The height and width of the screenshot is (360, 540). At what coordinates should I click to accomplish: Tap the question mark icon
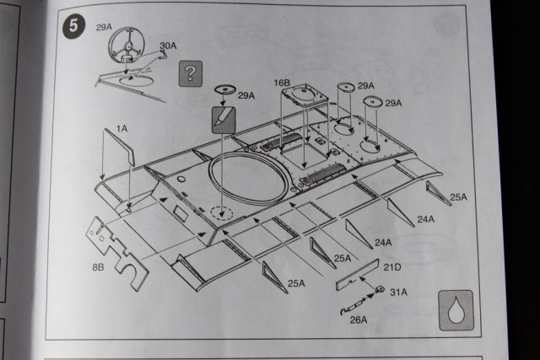click(x=192, y=73)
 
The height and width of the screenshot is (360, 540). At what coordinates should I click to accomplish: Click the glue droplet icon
click(x=456, y=309)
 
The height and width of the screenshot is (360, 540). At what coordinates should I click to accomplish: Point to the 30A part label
click(x=168, y=45)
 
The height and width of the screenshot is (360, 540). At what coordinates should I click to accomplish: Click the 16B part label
click(x=281, y=84)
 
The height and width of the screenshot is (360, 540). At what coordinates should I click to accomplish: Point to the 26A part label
click(x=358, y=320)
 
